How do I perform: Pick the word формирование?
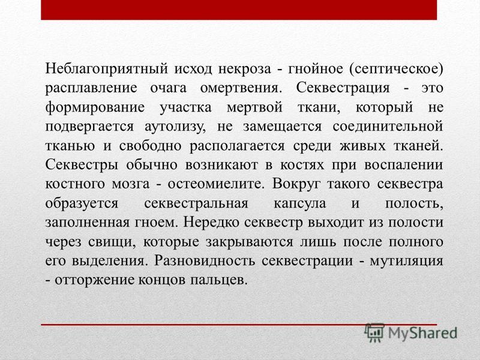click(95, 107)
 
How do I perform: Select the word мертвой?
click(254, 107)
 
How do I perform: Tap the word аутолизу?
click(175, 127)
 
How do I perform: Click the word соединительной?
click(388, 127)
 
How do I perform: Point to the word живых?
click(362, 146)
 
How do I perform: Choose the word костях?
click(302, 165)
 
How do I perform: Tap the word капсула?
click(299, 203)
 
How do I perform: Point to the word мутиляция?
click(407, 261)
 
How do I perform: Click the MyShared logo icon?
click(374, 333)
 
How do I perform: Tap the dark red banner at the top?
click(239, 10)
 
